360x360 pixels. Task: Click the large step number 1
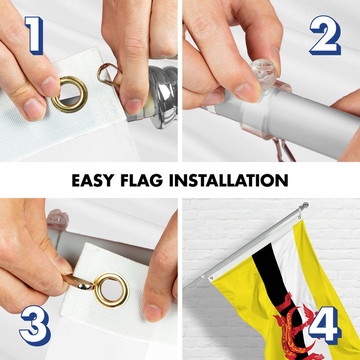tap(35, 35)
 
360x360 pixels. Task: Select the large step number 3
tap(35, 326)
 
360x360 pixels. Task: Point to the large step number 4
tap(325, 326)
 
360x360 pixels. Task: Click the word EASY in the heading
tap(93, 180)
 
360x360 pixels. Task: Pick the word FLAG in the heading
tap(141, 180)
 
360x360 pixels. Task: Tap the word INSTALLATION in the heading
tap(229, 180)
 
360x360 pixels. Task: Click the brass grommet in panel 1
tap(69, 94)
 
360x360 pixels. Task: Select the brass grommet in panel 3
tap(112, 290)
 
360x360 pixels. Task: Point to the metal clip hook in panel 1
tap(109, 75)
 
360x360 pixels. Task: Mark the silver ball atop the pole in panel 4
tap(305, 205)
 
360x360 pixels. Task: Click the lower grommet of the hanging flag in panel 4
tap(211, 278)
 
